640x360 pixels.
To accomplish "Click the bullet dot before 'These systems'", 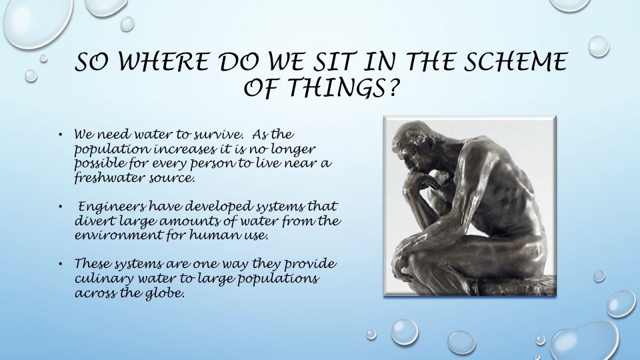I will tap(61, 263).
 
